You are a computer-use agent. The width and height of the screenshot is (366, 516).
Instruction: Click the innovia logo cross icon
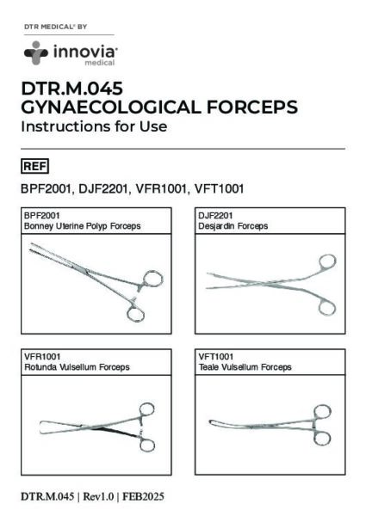(x=36, y=52)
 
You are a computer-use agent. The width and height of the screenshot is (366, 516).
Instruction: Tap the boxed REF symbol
(x=35, y=166)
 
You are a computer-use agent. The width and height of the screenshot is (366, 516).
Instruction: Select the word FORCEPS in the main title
(x=252, y=107)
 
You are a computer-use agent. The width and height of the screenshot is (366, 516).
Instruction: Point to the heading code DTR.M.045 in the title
(x=72, y=89)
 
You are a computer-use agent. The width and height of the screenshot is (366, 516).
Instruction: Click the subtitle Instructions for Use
(x=94, y=126)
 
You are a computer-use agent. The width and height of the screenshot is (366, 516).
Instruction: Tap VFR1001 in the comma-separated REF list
(x=161, y=189)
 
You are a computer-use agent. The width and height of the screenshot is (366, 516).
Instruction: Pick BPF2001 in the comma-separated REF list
(x=47, y=189)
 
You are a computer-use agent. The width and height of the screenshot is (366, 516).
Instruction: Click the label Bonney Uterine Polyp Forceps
(x=83, y=226)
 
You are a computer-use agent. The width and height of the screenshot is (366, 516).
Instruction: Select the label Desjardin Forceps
(x=233, y=226)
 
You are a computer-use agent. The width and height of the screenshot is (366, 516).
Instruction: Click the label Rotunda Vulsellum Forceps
(x=77, y=367)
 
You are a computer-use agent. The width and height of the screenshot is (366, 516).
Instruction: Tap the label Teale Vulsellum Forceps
(x=245, y=367)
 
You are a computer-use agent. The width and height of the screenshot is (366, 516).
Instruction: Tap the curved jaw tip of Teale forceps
(x=211, y=422)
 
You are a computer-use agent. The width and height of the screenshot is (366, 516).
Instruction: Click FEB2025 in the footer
(x=143, y=496)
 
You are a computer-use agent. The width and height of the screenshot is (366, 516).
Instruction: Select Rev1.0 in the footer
(x=98, y=496)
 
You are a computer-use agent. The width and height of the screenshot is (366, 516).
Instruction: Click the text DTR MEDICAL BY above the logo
(x=55, y=27)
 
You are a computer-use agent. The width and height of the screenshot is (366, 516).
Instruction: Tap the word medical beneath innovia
(x=100, y=62)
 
